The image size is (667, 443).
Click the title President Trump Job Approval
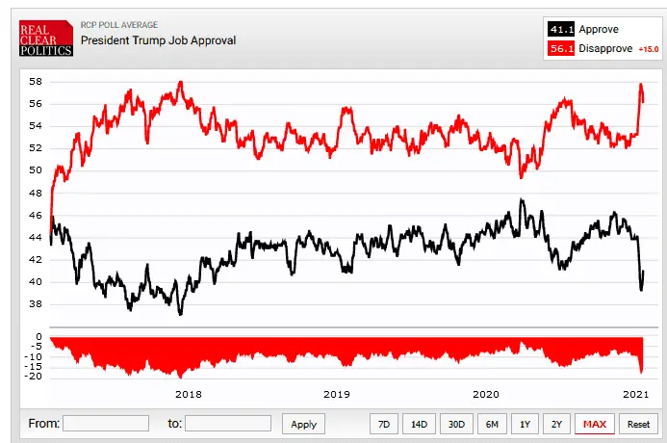[x=158, y=40]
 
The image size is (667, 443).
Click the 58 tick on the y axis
[x=35, y=81]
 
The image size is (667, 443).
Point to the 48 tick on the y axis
[x=35, y=193]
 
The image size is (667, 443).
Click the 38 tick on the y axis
[x=35, y=304]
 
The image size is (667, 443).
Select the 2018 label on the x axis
[x=188, y=394]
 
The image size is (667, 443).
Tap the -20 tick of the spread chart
[x=34, y=376]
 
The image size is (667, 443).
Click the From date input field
[x=106, y=423]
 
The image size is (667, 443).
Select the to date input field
[x=228, y=423]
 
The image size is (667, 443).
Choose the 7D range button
[x=383, y=424]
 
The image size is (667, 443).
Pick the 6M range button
[x=491, y=424]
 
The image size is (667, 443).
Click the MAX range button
[x=594, y=424]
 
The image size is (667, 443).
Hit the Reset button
[x=638, y=424]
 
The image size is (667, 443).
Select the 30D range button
[x=454, y=424]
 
